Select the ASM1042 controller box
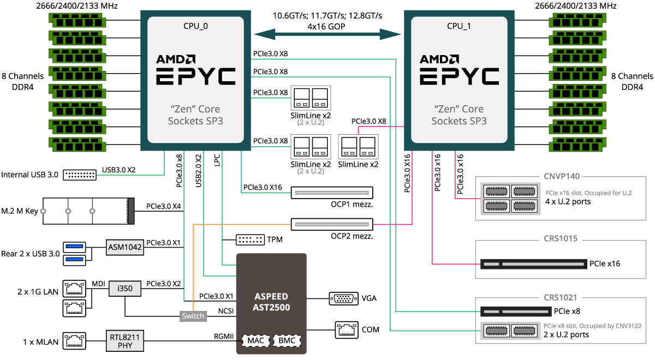point(125,247)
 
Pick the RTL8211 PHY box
point(125,341)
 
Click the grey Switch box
point(193,316)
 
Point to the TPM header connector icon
point(250,239)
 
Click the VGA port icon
point(343,298)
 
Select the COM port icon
point(345,329)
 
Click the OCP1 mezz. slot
point(332,193)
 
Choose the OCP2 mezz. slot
point(332,224)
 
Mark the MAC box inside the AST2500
point(255,340)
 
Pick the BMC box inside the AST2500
point(287,340)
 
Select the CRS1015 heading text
point(561,238)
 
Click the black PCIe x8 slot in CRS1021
point(515,311)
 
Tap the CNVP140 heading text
point(562,176)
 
